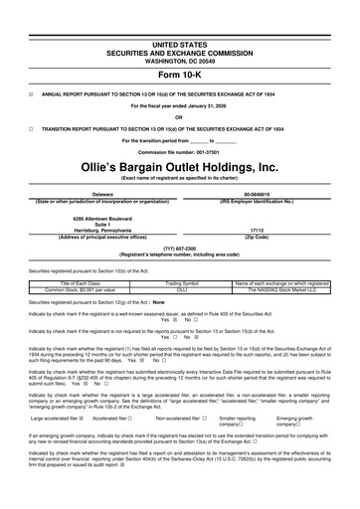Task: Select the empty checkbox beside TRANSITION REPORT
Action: (x=31, y=128)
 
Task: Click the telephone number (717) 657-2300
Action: (x=179, y=251)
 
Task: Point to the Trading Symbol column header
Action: (x=181, y=283)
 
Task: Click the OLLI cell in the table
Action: (x=181, y=289)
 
